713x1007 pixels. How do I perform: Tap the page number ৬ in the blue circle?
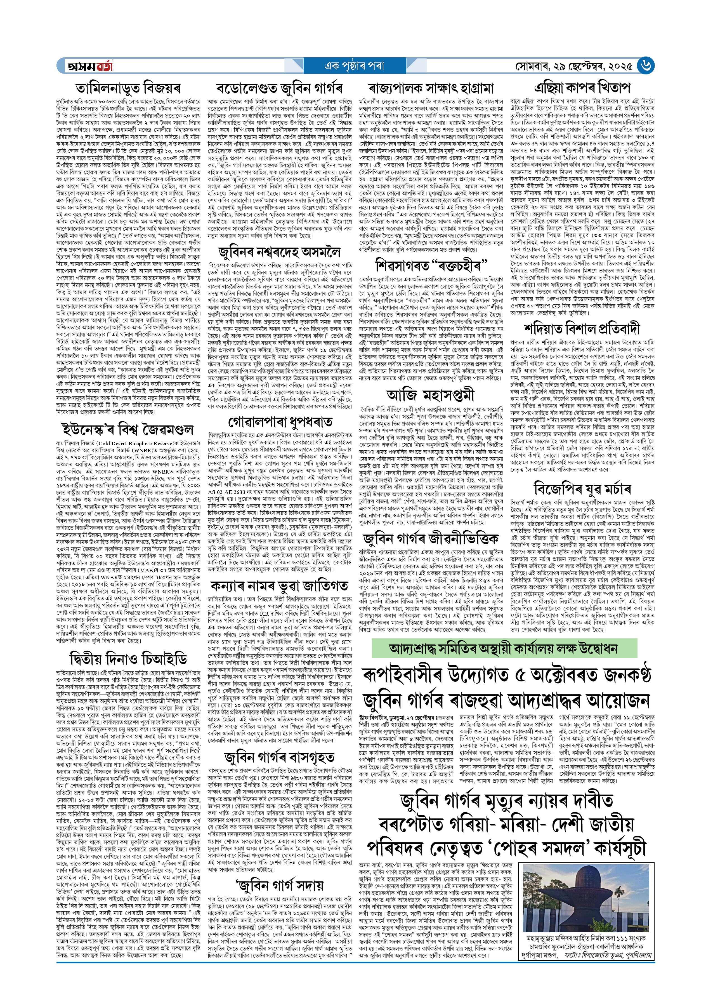click(x=646, y=66)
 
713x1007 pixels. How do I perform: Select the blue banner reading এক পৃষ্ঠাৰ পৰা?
click(x=354, y=66)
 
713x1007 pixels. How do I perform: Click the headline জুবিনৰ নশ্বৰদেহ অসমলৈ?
click(x=279, y=252)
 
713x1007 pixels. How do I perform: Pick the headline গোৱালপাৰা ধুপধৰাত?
click(x=279, y=422)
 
